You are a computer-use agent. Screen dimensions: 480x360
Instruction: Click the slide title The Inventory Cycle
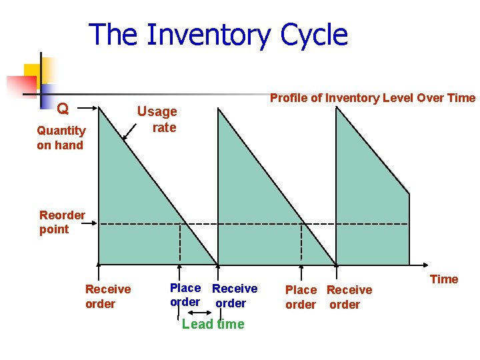pyautogui.click(x=218, y=35)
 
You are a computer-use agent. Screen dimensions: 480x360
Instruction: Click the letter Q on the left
pyautogui.click(x=62, y=108)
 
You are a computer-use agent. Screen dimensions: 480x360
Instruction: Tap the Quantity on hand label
pyautogui.click(x=61, y=138)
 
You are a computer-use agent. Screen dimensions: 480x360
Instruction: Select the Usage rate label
pyautogui.click(x=157, y=119)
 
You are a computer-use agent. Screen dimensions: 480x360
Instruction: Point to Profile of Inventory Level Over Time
pyautogui.click(x=372, y=98)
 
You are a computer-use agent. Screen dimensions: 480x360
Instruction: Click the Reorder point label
pyautogui.click(x=61, y=222)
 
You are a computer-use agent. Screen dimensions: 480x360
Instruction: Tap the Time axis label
pyautogui.click(x=444, y=279)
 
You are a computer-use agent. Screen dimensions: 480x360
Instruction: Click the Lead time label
pyautogui.click(x=213, y=325)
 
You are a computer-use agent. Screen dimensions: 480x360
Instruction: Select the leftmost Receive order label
pyautogui.click(x=108, y=297)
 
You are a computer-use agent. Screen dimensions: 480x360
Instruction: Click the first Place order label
pyautogui.click(x=185, y=295)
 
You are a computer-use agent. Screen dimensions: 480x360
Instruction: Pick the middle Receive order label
pyautogui.click(x=234, y=296)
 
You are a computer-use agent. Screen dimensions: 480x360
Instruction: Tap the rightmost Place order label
pyautogui.click(x=301, y=297)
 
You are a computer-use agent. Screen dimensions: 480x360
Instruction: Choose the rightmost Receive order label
pyautogui.click(x=349, y=297)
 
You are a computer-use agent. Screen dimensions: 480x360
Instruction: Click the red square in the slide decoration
pyautogui.click(x=21, y=86)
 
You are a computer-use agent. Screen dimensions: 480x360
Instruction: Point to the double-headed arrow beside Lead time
pyautogui.click(x=200, y=312)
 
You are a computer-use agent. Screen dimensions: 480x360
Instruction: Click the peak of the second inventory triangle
pyautogui.click(x=219, y=109)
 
